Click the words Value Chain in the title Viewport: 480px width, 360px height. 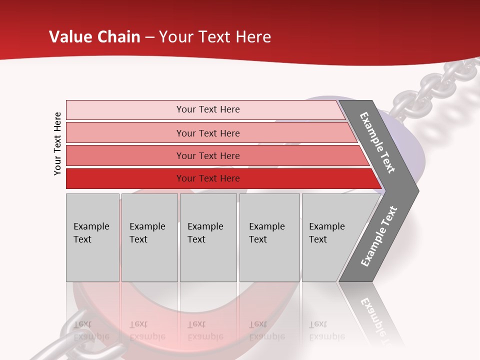pyautogui.click(x=94, y=37)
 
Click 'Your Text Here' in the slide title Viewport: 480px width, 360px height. pyautogui.click(x=215, y=37)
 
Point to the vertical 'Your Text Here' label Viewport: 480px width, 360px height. pyautogui.click(x=57, y=143)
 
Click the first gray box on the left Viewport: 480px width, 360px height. pyautogui.click(x=92, y=237)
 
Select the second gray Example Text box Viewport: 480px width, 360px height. pyautogui.click(x=149, y=237)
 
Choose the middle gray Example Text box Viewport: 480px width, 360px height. pyautogui.click(x=208, y=237)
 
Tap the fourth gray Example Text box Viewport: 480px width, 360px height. pyautogui.click(x=269, y=237)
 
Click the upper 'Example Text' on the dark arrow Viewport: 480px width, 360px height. pyautogui.click(x=377, y=142)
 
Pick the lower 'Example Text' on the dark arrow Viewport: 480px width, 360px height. pyautogui.click(x=379, y=236)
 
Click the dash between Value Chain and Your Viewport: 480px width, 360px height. pyautogui.click(x=149, y=37)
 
